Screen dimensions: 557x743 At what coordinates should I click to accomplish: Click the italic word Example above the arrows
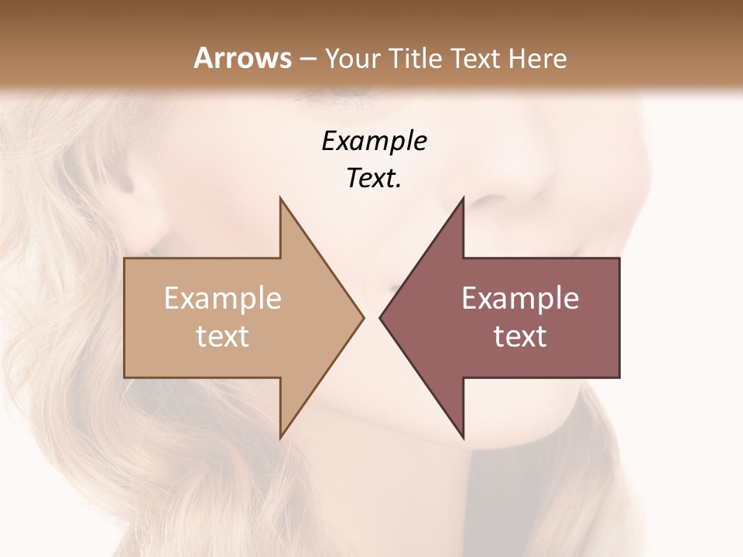point(374,142)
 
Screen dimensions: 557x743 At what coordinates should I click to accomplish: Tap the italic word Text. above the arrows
point(374,179)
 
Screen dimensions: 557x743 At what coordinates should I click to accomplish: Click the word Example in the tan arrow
point(223,299)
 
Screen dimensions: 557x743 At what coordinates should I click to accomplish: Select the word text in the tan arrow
point(223,337)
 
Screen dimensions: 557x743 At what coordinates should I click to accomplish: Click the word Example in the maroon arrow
point(520,299)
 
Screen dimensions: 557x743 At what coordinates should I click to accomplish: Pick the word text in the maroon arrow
point(520,337)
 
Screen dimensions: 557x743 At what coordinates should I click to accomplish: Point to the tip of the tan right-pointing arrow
point(363,317)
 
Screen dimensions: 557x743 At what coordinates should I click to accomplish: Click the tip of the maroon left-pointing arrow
point(380,317)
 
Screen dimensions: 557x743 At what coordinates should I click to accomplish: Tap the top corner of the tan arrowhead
point(280,197)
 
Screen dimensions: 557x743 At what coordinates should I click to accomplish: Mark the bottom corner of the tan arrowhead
point(280,438)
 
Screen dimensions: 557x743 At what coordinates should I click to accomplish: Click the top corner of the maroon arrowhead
point(464,197)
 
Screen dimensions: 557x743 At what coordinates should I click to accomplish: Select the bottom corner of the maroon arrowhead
point(464,438)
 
